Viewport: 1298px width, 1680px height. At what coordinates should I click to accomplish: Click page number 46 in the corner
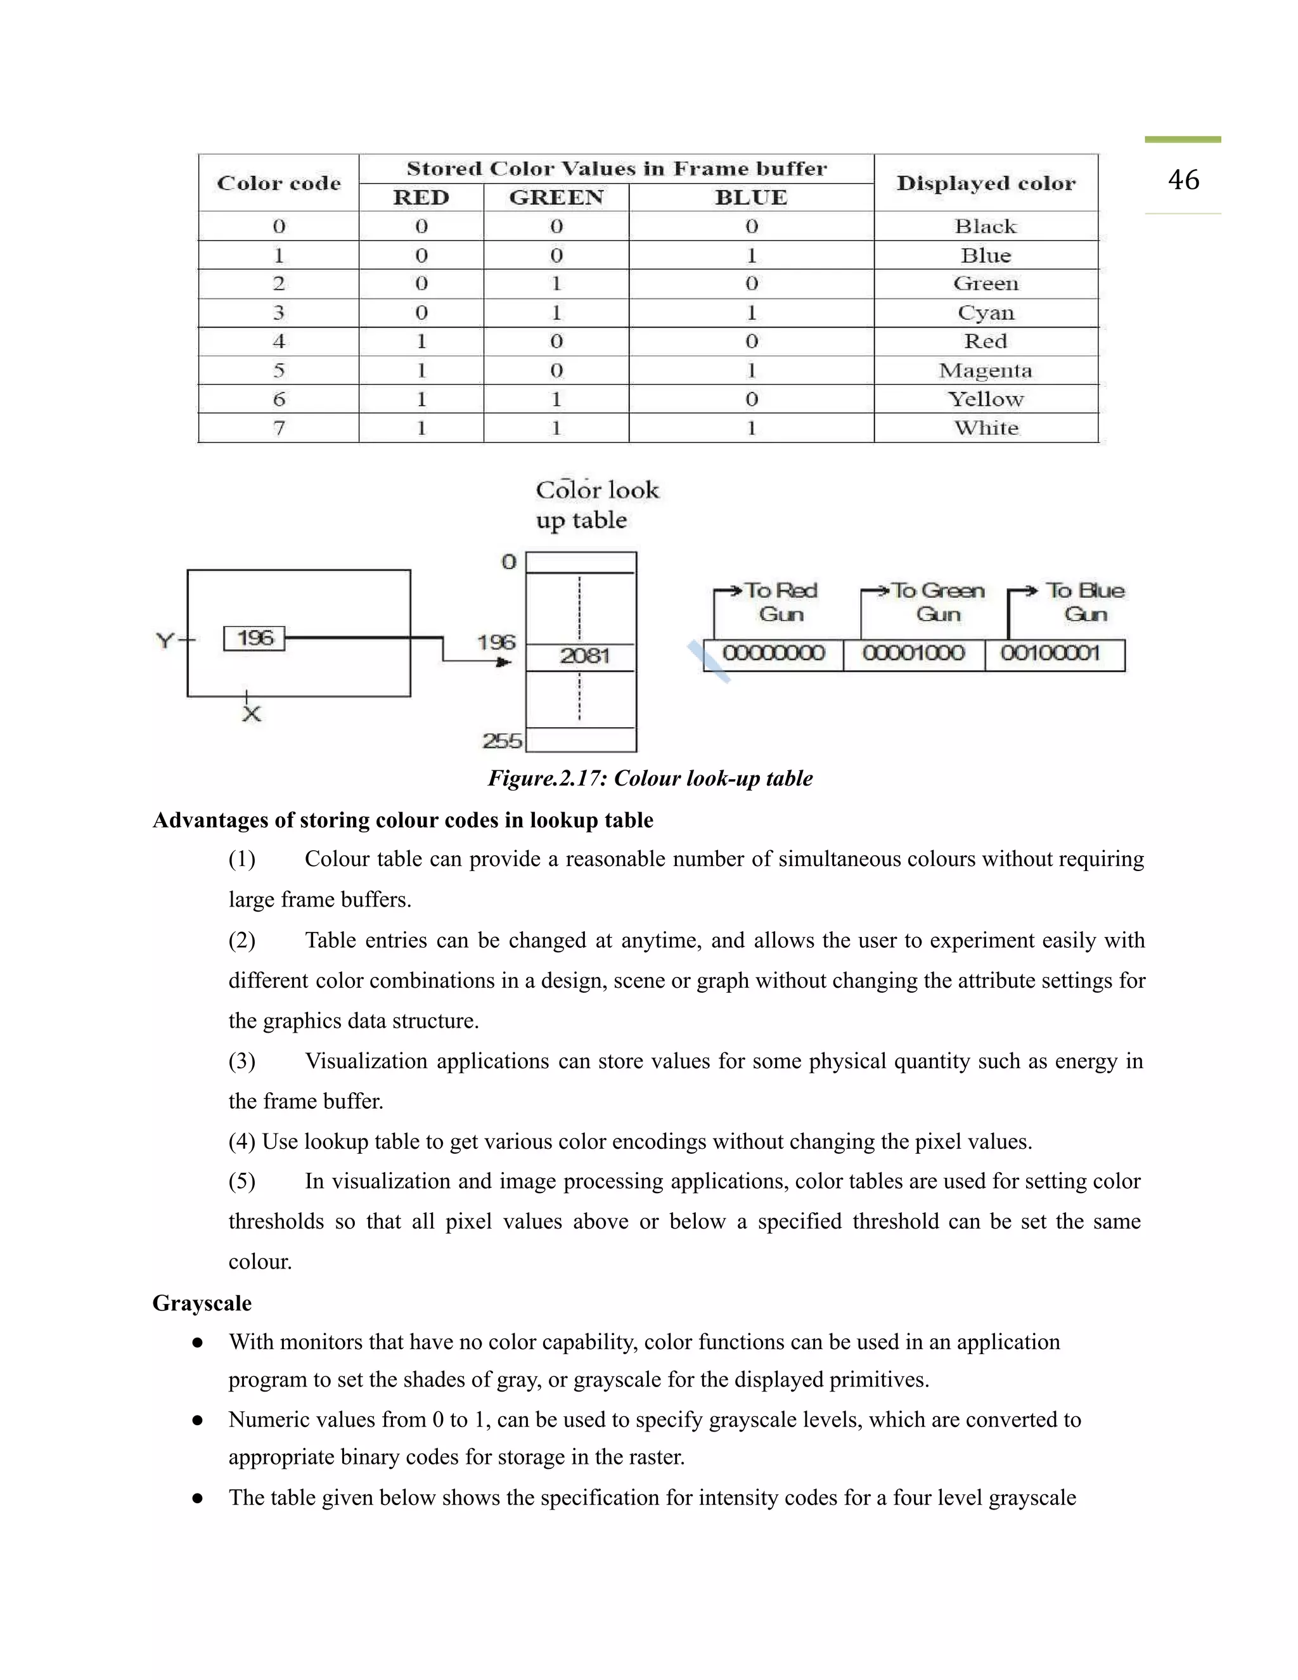(1183, 180)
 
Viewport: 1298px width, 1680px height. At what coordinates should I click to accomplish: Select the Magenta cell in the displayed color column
(985, 371)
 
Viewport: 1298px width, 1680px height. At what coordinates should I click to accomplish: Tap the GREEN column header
(556, 198)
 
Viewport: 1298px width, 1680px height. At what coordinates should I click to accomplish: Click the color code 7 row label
(278, 428)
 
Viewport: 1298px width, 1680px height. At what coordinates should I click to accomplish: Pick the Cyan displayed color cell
(985, 313)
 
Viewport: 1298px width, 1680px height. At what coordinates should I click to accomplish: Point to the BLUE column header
(750, 198)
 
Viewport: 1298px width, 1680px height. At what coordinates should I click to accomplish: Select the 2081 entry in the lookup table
(584, 656)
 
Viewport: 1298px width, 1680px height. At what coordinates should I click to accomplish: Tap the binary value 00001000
(913, 654)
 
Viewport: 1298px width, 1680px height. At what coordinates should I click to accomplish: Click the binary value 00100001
(1050, 654)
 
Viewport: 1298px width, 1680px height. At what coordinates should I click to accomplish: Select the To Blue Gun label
(1084, 602)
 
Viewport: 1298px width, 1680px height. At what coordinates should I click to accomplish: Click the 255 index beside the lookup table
(501, 740)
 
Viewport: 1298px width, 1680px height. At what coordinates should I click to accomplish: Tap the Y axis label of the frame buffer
(165, 640)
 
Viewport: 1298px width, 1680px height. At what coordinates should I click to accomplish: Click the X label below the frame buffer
(252, 714)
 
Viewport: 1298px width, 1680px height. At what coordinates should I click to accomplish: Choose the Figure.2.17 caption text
(650, 779)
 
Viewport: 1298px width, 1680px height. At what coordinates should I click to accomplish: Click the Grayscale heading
(202, 1303)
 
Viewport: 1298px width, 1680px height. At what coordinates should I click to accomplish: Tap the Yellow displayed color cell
(985, 399)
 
